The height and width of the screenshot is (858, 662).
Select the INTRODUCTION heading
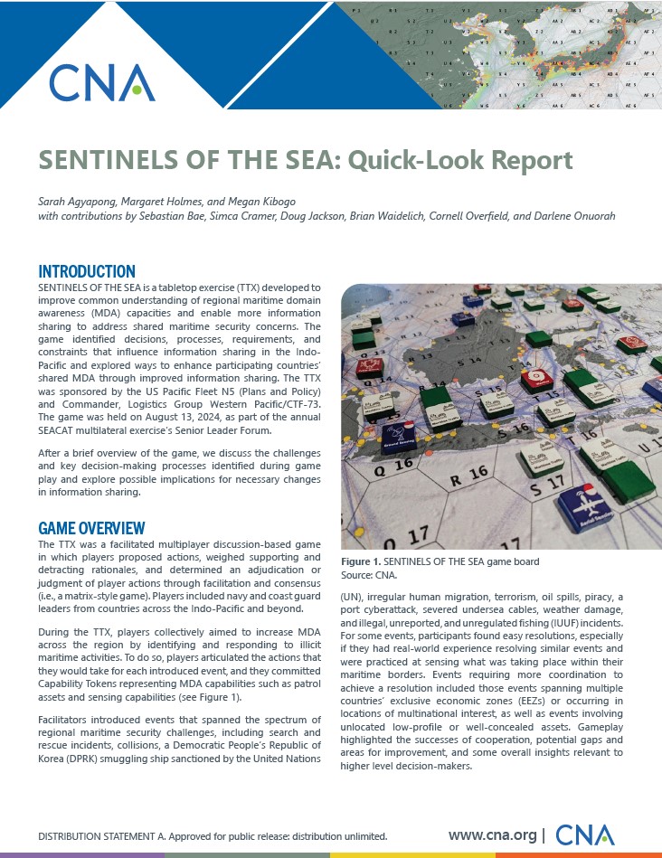87,271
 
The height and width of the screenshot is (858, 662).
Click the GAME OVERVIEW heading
91,528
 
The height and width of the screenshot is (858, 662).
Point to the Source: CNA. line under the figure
369,574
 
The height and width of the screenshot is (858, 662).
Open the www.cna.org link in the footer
492,834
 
